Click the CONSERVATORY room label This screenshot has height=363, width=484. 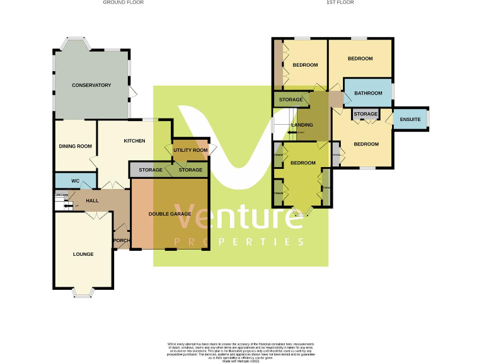coord(91,85)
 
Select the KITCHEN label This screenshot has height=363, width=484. coord(134,141)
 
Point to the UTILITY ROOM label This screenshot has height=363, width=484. coord(190,150)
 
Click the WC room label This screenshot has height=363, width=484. coord(74,181)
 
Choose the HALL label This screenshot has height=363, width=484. coord(93,200)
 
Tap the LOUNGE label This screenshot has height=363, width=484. coord(83,254)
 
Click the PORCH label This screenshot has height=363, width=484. coord(120,240)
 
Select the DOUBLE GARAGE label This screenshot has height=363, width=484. coord(170,214)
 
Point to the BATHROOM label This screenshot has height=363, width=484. coord(368,93)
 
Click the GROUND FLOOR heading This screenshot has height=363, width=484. coord(124,3)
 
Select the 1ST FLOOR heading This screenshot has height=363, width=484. coord(340,3)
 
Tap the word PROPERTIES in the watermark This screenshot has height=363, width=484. coord(239,242)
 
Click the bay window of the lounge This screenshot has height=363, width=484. coord(83,291)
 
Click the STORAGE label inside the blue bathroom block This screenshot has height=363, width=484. coord(366,114)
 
